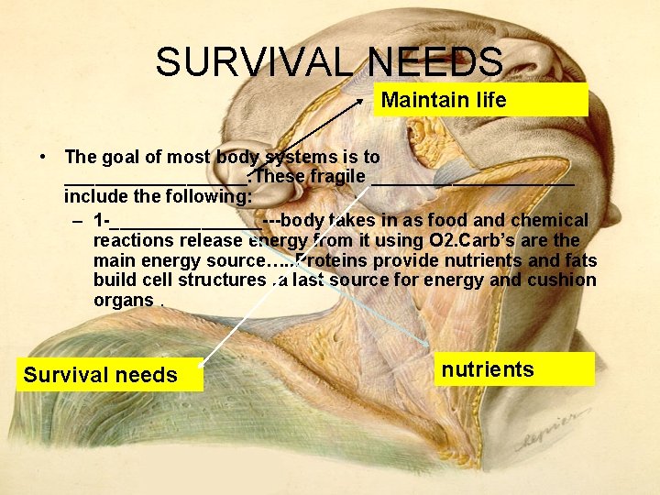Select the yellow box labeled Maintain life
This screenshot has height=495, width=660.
[x=480, y=100]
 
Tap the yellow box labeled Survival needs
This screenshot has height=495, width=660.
[x=101, y=375]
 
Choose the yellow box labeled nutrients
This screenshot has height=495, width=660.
[x=513, y=369]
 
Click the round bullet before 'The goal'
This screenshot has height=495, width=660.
[x=44, y=157]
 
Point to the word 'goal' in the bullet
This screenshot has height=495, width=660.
[x=122, y=157]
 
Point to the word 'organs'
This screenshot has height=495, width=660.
[x=123, y=301]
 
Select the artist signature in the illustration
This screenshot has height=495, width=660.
[x=550, y=432]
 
